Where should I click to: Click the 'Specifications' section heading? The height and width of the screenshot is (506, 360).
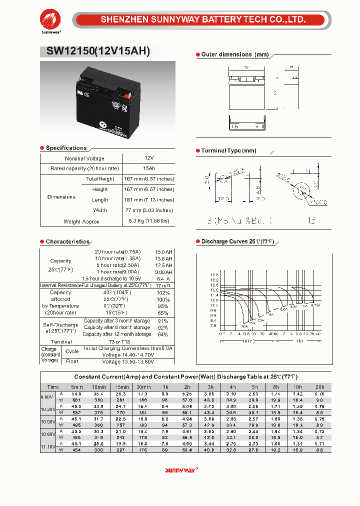click(66, 148)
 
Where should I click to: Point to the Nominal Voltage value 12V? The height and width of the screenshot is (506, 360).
click(149, 158)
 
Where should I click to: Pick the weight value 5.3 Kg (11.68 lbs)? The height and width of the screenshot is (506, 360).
click(149, 221)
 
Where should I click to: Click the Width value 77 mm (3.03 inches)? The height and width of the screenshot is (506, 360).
click(149, 210)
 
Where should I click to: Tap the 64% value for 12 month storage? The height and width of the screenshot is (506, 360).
click(163, 334)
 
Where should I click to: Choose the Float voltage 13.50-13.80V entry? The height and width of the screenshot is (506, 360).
click(128, 361)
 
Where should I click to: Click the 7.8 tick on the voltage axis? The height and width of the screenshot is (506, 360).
click(214, 325)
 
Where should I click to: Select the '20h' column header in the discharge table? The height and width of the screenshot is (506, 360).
click(319, 387)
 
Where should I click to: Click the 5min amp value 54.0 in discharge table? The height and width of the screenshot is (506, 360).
click(77, 394)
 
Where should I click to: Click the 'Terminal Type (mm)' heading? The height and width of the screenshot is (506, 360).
click(228, 150)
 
